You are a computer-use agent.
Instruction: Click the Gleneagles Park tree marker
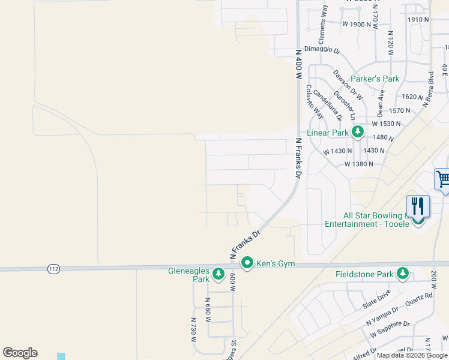pyautogui.click(x=218, y=274)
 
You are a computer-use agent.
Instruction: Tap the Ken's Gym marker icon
pyautogui.click(x=247, y=263)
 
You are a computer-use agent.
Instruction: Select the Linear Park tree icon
pyautogui.click(x=357, y=131)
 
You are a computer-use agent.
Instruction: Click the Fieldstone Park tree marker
pyautogui.click(x=402, y=274)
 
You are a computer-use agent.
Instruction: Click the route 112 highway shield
pyautogui.click(x=53, y=269)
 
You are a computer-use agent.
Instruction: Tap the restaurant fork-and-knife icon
pyautogui.click(x=418, y=206)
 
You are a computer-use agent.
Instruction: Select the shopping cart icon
pyautogui.click(x=443, y=179)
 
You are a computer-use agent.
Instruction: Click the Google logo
pyautogui.click(x=20, y=353)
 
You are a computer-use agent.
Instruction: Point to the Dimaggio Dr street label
pyautogui.click(x=322, y=50)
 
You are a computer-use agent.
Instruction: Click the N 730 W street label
pyautogui.click(x=194, y=330)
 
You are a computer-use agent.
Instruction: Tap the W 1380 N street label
pyautogui.click(x=359, y=164)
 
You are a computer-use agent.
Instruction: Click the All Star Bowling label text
pyautogui.click(x=372, y=220)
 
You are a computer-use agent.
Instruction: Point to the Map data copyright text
pyautogui.click(x=412, y=355)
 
